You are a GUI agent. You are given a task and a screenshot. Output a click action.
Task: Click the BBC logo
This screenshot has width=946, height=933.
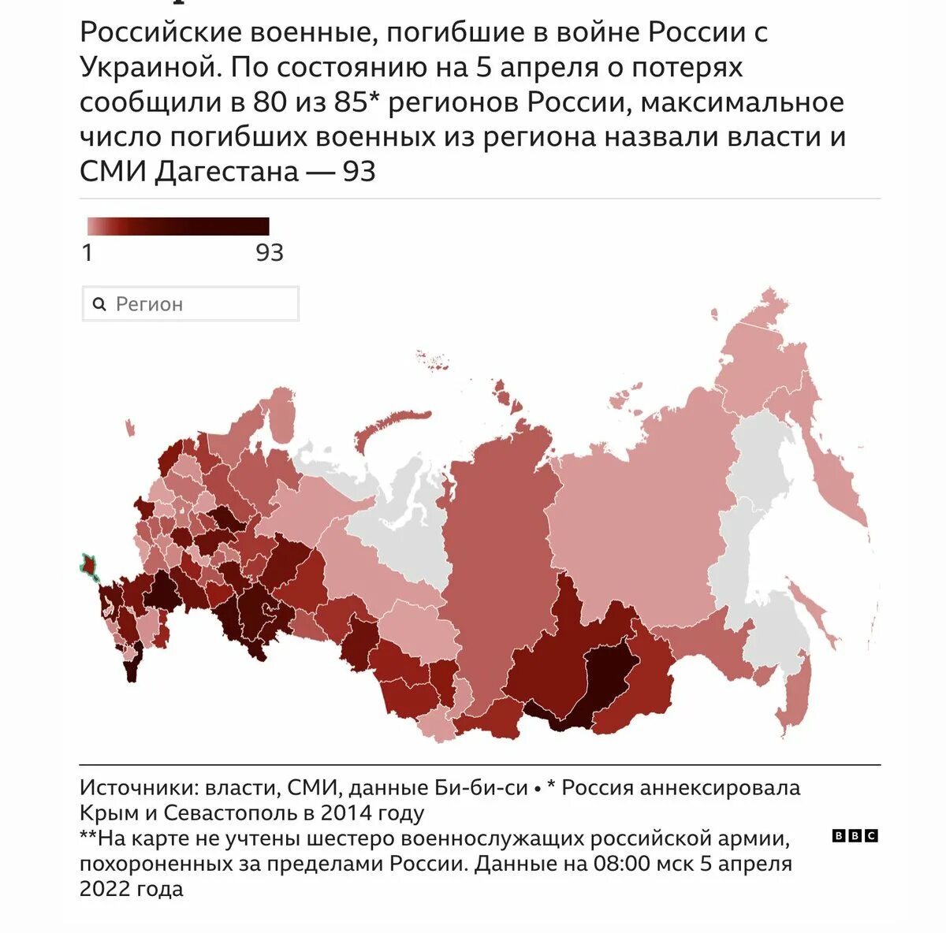point(855,836)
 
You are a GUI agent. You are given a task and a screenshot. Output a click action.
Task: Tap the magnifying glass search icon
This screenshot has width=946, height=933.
point(99,304)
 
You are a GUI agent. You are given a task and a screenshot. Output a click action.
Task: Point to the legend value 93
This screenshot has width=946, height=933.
point(269,253)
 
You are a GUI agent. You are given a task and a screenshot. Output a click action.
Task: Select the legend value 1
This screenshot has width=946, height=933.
point(88,253)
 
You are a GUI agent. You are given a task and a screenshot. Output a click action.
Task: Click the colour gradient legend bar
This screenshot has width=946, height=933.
point(178,227)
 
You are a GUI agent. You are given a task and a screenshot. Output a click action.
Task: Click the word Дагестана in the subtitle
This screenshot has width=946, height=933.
point(226,171)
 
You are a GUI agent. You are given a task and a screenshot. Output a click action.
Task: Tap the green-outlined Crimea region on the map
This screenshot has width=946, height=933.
point(89,566)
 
